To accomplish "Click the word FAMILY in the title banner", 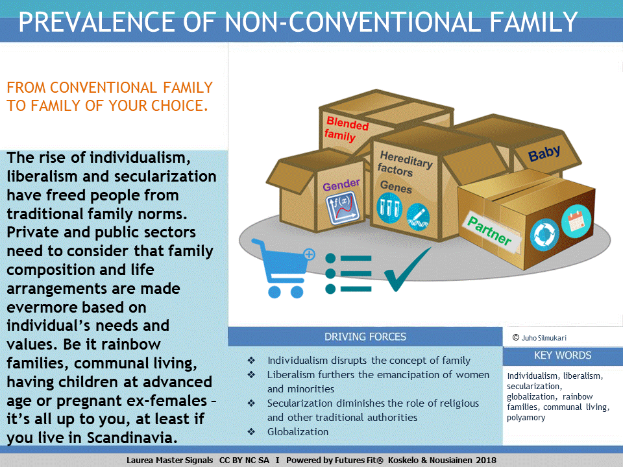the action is tap(533, 22).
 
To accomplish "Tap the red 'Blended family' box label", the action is tap(346, 130).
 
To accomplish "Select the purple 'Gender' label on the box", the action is tap(341, 185).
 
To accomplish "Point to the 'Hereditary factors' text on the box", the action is tap(404, 163).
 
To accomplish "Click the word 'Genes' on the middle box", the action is tap(396, 187).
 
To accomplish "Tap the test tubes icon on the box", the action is tap(389, 208).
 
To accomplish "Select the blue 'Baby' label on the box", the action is tap(544, 153).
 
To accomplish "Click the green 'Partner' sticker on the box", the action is tap(491, 232).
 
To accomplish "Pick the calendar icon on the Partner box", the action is tap(576, 221).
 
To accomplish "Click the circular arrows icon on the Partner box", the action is tap(544, 235).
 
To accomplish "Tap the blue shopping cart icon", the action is tap(283, 268).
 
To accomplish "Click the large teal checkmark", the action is tap(407, 270).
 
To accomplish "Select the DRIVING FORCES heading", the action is tap(365, 337).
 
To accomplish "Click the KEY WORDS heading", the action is tap(563, 355).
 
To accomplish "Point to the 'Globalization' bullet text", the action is tap(298, 432).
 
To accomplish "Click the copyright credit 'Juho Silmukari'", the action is tap(544, 338).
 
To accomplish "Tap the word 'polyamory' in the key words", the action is tap(526, 418).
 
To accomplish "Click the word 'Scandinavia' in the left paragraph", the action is tap(132, 438).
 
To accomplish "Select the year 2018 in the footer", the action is tap(486, 461).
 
